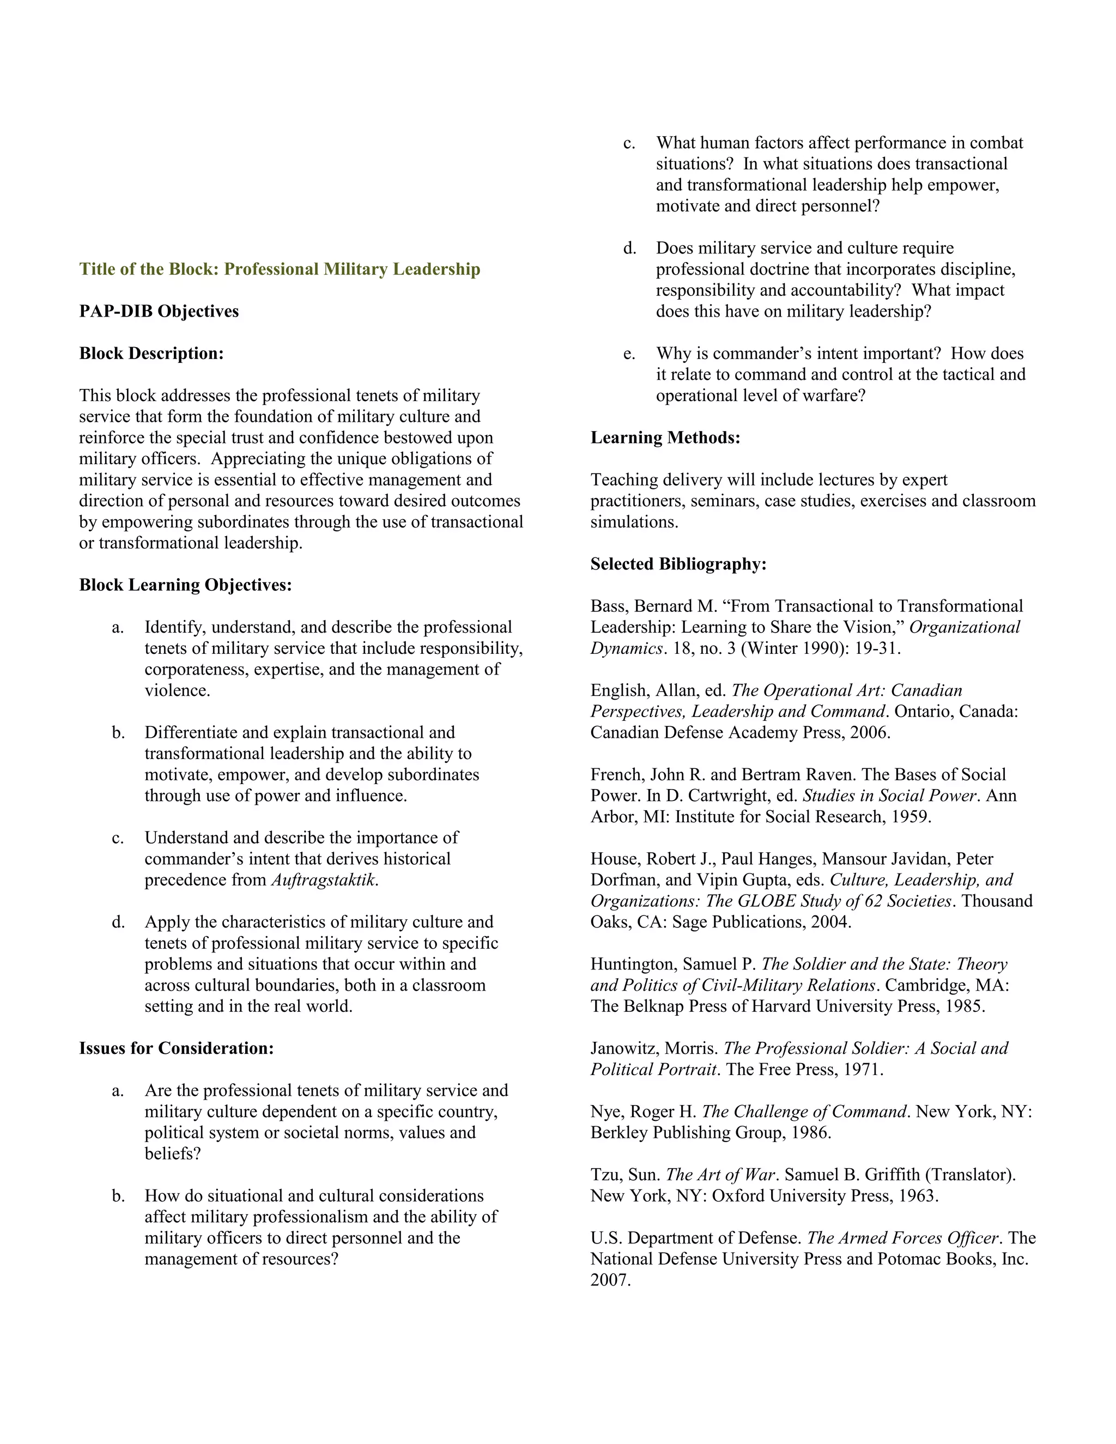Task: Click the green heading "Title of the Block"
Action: [x=280, y=269]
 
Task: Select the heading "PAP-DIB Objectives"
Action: [x=159, y=311]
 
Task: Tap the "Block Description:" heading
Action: [x=151, y=354]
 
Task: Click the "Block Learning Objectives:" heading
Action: [x=185, y=585]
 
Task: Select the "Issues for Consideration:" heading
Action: [x=176, y=1048]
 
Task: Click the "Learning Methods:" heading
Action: [x=665, y=438]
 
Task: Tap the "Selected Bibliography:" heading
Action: [x=678, y=564]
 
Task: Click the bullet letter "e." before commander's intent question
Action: [x=629, y=354]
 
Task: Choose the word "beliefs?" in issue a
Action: [x=173, y=1154]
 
